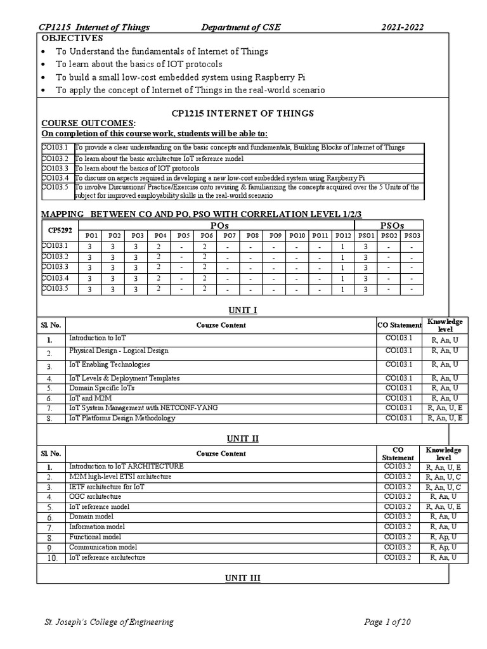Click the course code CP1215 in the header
point(54,27)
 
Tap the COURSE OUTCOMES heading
point(88,122)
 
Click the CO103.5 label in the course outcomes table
point(55,187)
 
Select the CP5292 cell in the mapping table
point(55,230)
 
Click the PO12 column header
point(342,235)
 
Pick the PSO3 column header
point(412,235)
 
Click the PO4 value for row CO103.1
point(159,247)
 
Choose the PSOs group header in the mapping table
point(391,225)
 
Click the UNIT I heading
point(243,310)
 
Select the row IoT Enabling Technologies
point(110,364)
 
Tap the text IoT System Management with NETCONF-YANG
point(143,408)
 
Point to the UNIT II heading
point(243,439)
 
